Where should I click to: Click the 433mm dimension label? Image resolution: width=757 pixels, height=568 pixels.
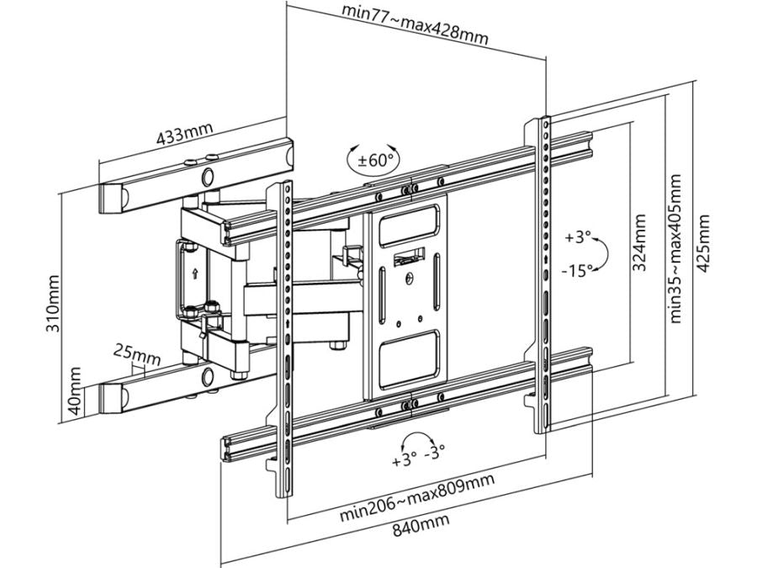coord(183,134)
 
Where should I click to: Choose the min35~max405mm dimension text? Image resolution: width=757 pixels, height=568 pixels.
coord(677,243)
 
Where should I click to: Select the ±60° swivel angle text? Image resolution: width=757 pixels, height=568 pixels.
coord(371,159)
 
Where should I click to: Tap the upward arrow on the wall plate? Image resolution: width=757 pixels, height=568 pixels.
coord(195,273)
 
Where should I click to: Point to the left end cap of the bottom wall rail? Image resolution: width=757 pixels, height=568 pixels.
coord(111,396)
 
